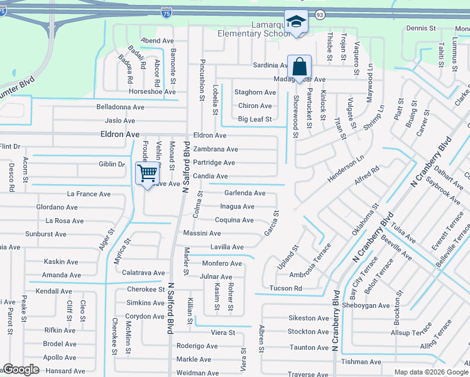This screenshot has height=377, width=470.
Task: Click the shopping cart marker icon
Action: click(147, 172)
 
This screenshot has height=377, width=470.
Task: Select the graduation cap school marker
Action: click(294, 22)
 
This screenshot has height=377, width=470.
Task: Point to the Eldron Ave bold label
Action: click(119, 134)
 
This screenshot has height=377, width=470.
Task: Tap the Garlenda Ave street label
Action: click(245, 194)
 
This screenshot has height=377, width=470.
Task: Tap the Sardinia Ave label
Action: click(270, 65)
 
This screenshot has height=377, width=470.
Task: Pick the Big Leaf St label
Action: click(254, 119)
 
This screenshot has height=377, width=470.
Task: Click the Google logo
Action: click(21, 370)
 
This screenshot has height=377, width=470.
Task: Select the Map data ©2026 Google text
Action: click(430, 372)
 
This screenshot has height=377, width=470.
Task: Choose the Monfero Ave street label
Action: click(222, 263)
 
